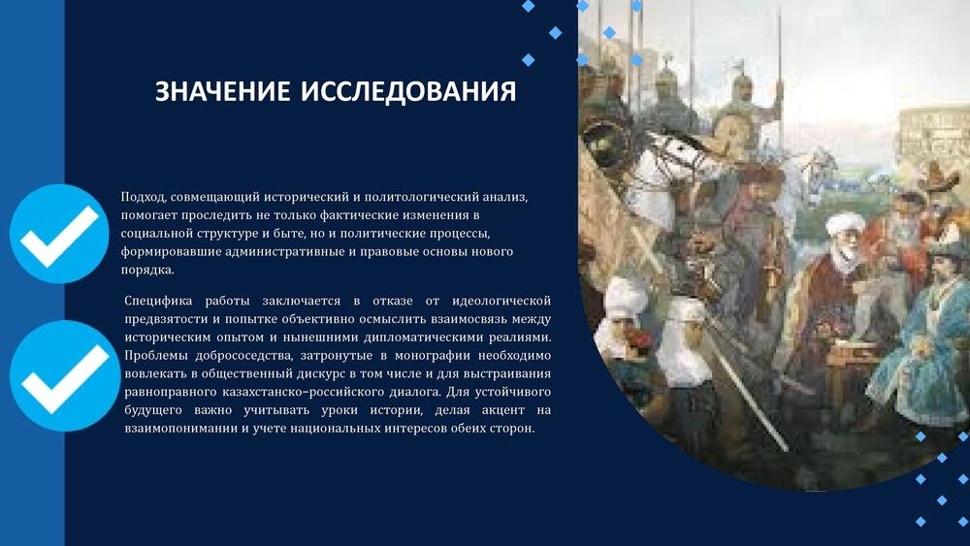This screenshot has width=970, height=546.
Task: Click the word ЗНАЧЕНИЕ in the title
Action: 223,91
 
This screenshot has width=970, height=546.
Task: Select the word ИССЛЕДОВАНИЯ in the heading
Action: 408,91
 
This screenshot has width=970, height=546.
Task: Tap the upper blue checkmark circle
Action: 59,234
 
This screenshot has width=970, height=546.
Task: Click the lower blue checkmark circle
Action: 65,376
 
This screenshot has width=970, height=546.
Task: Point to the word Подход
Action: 144,197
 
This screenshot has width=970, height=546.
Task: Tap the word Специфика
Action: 158,302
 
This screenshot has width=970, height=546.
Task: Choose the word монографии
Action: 433,356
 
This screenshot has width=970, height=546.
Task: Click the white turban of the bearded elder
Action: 844,224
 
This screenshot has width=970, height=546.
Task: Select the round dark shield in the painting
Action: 606,144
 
